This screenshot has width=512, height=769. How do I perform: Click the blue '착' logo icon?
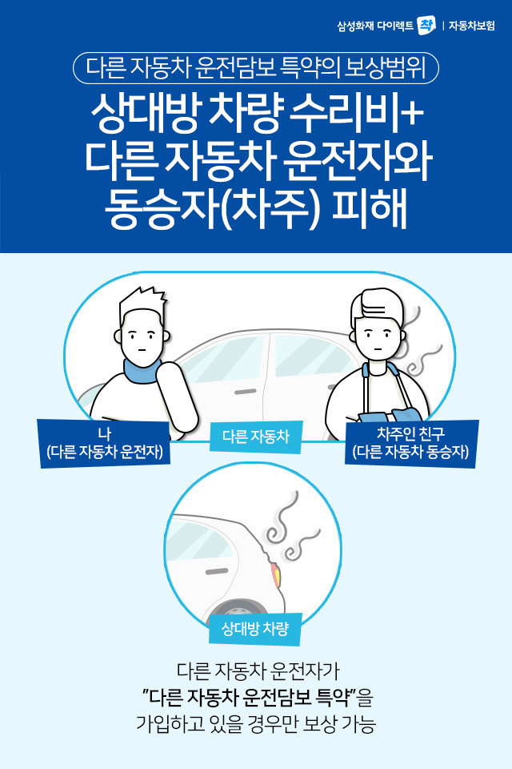[426, 25]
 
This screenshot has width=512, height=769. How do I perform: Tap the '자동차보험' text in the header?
[472, 26]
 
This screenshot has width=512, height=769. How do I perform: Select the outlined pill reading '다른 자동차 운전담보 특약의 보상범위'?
[256, 67]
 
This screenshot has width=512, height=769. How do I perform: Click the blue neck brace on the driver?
[142, 370]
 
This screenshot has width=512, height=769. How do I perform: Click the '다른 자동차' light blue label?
[256, 437]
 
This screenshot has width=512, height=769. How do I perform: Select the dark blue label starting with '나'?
[104, 443]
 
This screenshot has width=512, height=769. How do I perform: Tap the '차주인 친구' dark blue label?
[410, 443]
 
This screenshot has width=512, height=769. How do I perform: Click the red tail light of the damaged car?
[276, 574]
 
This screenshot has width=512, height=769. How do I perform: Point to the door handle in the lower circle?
[217, 571]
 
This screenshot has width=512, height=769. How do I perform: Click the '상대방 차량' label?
[254, 629]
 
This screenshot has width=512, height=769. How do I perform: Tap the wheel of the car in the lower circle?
[238, 608]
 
